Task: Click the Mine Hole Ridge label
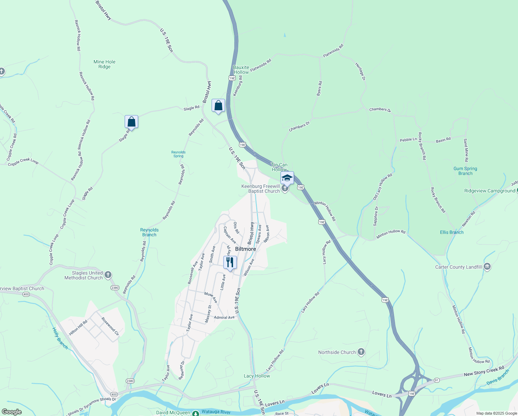click(104, 64)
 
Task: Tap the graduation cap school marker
click(287, 178)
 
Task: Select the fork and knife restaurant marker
click(230, 262)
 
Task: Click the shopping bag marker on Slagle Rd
click(131, 122)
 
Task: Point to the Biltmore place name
click(245, 249)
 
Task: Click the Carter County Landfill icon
click(487, 267)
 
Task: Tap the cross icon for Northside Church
click(361, 352)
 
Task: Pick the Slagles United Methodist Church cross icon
click(108, 275)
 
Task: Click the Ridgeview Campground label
click(490, 191)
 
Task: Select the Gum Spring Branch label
click(465, 171)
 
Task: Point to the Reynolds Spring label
click(178, 154)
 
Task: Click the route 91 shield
click(437, 380)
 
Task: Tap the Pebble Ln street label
click(408, 140)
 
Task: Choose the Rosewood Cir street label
click(110, 326)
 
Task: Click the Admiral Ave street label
click(224, 318)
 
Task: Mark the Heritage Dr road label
click(360, 71)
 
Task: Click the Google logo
click(12, 412)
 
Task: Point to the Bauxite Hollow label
click(241, 70)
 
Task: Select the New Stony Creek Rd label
click(484, 371)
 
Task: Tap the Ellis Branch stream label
click(452, 232)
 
